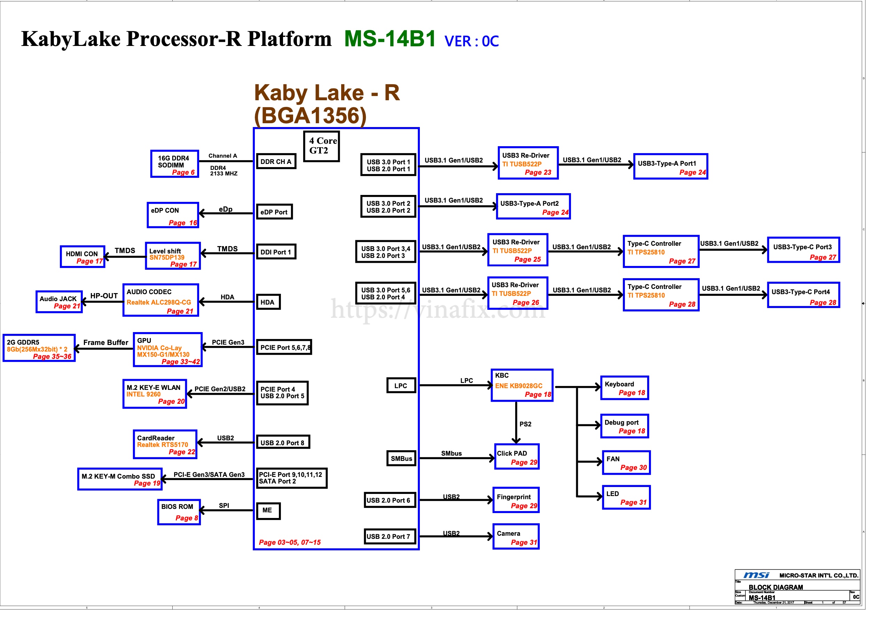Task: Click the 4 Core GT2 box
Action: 321,146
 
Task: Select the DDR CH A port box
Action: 276,162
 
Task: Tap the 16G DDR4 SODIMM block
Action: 175,164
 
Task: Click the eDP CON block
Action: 173,215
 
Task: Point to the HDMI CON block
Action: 83,257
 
